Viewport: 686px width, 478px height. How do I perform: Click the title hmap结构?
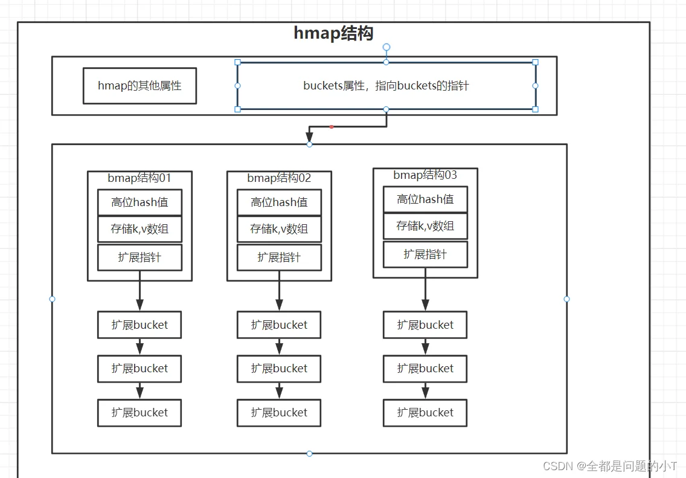pos(333,33)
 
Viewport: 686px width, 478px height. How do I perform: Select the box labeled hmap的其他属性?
pos(139,86)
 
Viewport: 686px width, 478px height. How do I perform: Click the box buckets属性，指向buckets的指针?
pos(386,86)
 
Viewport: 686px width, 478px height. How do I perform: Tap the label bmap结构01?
pos(139,178)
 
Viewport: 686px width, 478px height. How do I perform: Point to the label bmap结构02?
pos(279,178)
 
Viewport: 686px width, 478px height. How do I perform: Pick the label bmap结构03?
pos(425,175)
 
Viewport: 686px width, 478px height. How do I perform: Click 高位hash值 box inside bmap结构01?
pos(139,202)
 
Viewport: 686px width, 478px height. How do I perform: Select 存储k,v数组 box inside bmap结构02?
pos(279,229)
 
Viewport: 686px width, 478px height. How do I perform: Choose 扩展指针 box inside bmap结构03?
pos(425,254)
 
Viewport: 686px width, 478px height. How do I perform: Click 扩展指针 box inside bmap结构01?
pos(139,257)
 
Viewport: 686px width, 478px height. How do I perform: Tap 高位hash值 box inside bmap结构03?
pos(425,199)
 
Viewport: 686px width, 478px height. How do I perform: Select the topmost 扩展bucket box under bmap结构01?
pos(139,325)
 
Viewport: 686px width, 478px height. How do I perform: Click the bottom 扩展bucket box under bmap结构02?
pos(279,413)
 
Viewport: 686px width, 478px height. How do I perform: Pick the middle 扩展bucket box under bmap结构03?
pos(425,369)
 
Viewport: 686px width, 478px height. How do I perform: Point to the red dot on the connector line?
pos(332,127)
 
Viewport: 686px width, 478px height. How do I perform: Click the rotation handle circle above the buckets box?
pos(386,47)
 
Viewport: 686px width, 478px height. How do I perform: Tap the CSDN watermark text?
pos(610,466)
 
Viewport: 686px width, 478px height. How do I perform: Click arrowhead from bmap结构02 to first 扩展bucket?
pos(279,305)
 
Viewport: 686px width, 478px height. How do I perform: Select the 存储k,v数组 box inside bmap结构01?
pos(139,229)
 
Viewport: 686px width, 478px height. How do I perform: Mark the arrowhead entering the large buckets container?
pos(309,137)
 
